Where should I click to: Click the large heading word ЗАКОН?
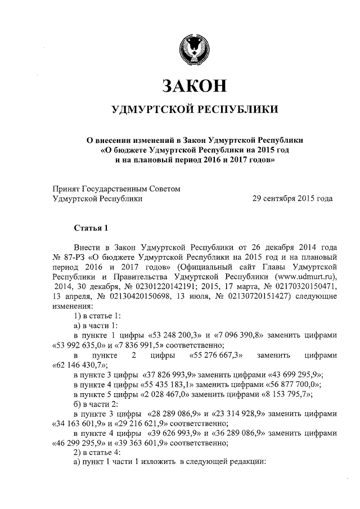[x=194, y=85]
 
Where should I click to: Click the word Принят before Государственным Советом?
[x=66, y=189]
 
